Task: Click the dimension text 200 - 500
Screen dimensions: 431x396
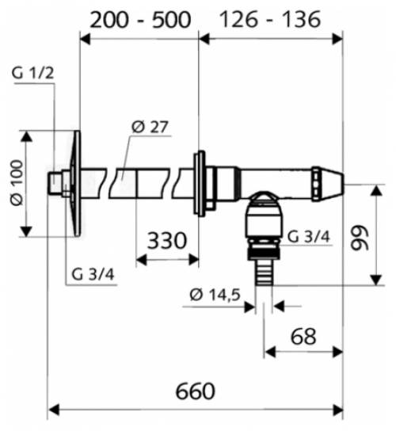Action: click(139, 17)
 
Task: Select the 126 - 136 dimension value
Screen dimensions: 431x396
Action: click(270, 17)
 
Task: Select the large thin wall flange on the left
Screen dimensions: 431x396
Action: click(73, 181)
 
